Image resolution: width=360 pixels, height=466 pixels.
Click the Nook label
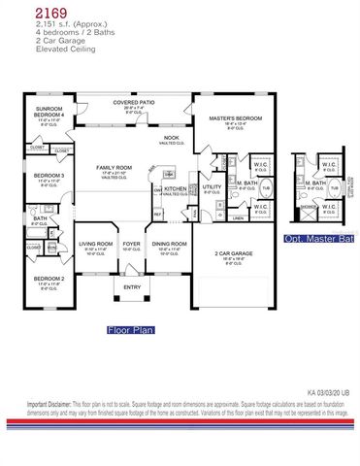pyautogui.click(x=170, y=138)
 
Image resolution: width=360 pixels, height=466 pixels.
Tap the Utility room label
pyautogui.click(x=212, y=186)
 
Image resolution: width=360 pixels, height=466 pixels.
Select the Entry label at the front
pyautogui.click(x=132, y=286)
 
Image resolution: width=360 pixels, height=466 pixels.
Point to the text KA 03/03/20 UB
pyautogui.click(x=330, y=392)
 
